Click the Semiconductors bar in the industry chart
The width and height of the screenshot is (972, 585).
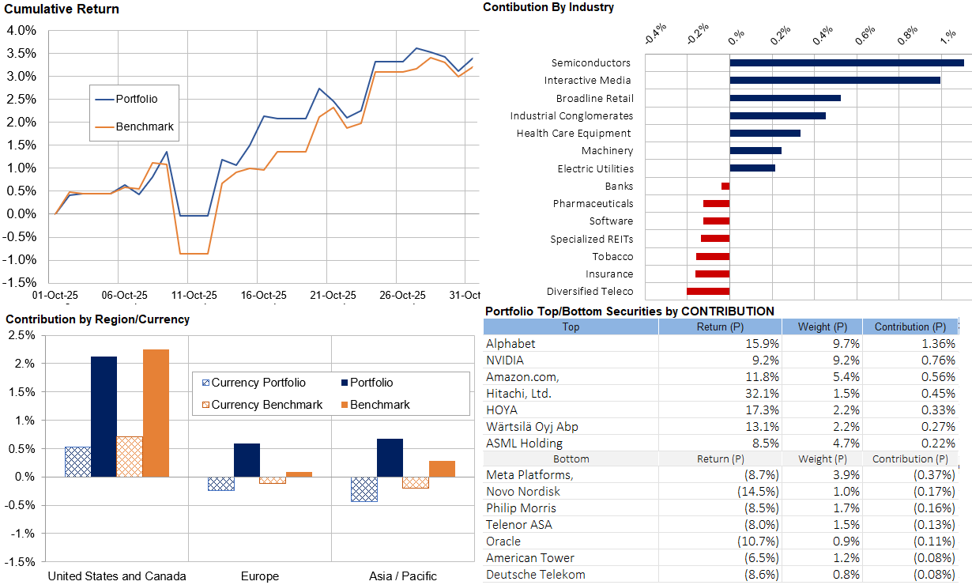(846, 62)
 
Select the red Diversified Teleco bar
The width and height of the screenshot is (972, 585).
(708, 292)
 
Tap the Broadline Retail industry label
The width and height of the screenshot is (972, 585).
(594, 99)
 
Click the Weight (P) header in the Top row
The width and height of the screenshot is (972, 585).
(821, 326)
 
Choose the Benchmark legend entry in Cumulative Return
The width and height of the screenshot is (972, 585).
(145, 126)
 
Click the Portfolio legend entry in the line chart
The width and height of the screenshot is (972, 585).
(137, 99)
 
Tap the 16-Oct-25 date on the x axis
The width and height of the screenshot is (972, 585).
(264, 295)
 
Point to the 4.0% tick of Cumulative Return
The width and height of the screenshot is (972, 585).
(21, 30)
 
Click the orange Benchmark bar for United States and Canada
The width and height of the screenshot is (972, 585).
(156, 413)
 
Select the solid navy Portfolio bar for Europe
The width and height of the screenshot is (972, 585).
(247, 460)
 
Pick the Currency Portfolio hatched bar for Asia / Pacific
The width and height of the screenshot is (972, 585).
(364, 489)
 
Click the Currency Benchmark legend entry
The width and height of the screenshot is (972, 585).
(267, 405)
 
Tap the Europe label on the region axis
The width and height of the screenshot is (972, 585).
(260, 576)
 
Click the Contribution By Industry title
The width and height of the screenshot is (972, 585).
(548, 7)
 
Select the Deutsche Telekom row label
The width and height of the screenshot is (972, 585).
(536, 575)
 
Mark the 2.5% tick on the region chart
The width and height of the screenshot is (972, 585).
(21, 335)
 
